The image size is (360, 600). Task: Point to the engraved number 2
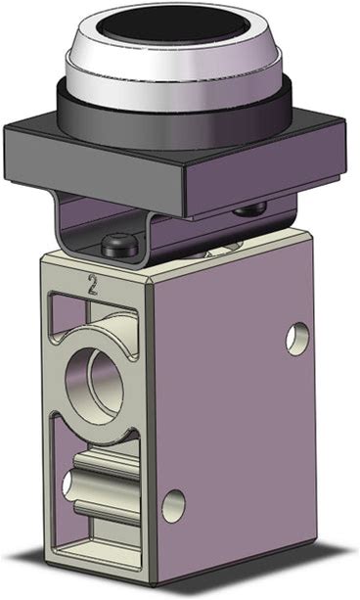tap(92, 284)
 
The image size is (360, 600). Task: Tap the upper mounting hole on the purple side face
tap(297, 339)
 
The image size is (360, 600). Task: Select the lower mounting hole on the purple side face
tap(173, 506)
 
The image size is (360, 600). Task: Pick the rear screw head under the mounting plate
tap(249, 208)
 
